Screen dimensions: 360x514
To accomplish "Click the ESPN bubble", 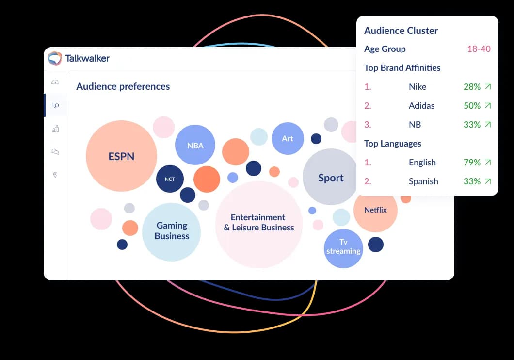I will (121, 156).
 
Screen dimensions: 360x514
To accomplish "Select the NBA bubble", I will (195, 145).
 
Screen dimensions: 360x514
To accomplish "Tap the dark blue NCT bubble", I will (170, 179).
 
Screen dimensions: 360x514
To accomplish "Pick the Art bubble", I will (288, 138).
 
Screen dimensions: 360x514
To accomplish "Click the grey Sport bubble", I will (330, 178).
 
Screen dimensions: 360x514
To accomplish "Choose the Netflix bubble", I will (375, 210).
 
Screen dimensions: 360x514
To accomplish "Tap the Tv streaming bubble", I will (343, 247).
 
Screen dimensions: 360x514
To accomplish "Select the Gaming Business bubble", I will (172, 231).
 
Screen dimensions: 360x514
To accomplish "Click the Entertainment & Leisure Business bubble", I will (258, 223).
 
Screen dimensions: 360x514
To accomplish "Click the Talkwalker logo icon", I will (55, 58).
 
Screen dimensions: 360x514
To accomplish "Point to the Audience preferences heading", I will (123, 86).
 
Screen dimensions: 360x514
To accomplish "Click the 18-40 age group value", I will (479, 49).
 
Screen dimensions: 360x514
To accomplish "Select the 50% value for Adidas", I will (472, 106).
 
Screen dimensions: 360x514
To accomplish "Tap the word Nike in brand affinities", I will (418, 87).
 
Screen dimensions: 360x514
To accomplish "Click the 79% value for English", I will (472, 163).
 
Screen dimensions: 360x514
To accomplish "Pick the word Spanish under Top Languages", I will (423, 181).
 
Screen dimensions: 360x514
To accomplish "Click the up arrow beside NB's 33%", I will (488, 125).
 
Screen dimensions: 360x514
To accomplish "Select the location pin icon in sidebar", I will (55, 175).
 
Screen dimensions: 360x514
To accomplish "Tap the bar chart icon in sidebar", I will (55, 129).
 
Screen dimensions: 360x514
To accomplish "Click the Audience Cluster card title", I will (401, 31).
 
